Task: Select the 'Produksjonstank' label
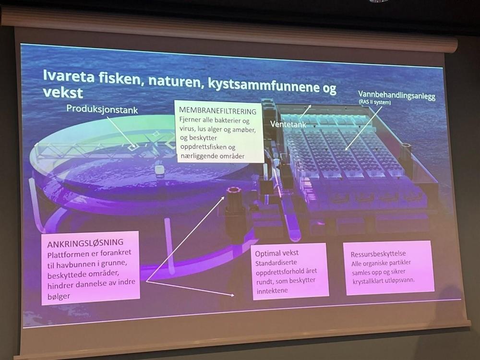[102, 110]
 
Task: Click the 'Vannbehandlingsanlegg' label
[396, 95]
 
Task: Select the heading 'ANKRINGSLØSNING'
[85, 242]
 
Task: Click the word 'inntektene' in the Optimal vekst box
[273, 289]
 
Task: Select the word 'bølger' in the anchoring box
[58, 296]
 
